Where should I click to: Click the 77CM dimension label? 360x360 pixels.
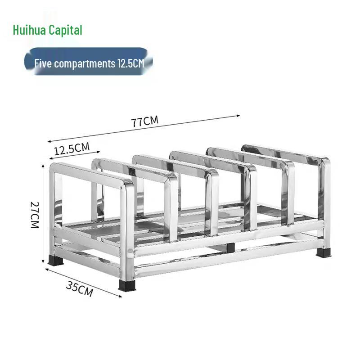coord(144,121)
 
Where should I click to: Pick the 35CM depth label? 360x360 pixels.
coord(80,288)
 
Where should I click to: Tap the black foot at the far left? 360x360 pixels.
coord(55,260)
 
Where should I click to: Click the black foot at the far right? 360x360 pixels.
coord(323,252)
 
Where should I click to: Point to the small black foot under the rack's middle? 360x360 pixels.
coord(230,248)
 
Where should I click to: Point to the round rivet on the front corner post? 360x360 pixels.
coord(131,249)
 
